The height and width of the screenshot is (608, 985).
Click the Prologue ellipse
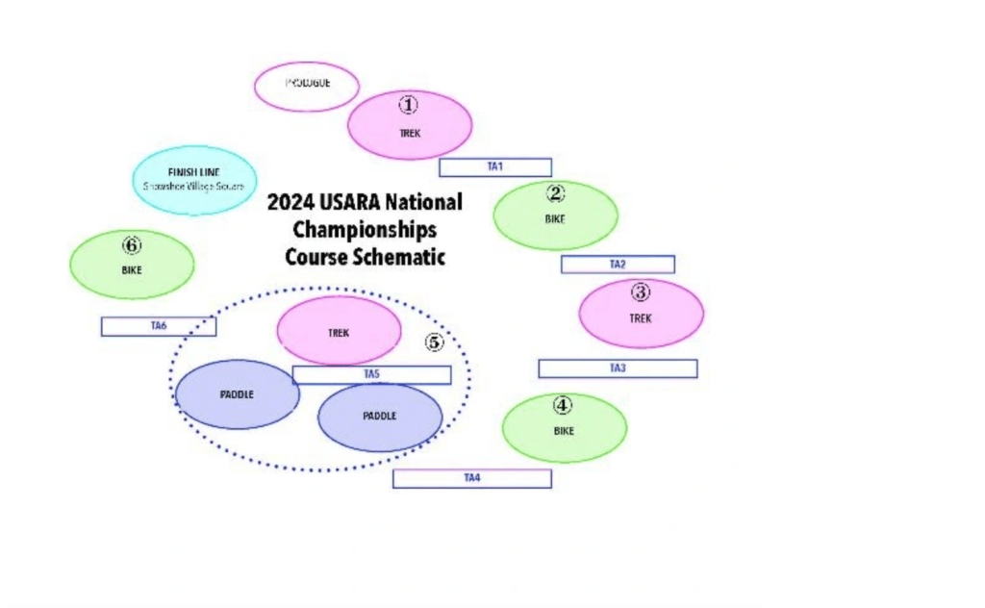click(x=306, y=86)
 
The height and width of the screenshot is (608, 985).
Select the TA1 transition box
click(x=495, y=167)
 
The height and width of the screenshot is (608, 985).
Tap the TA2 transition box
click(x=618, y=265)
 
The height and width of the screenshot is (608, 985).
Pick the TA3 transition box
click(x=618, y=368)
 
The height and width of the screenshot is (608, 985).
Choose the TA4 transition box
click(x=471, y=478)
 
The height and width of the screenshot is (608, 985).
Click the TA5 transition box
click(x=371, y=374)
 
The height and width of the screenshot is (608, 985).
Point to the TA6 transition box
click(x=159, y=326)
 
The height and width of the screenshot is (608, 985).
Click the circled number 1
click(x=410, y=104)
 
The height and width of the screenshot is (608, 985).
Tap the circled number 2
click(x=555, y=192)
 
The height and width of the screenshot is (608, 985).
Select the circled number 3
click(x=641, y=291)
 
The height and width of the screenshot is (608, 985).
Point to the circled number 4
click(x=564, y=405)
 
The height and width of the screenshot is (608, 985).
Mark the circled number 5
click(x=435, y=342)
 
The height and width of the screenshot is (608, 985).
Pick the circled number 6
click(x=132, y=244)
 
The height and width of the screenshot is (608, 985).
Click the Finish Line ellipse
click(x=194, y=179)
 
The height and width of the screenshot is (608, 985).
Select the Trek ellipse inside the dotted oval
click(x=339, y=331)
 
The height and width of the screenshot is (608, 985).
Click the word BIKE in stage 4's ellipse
click(x=564, y=431)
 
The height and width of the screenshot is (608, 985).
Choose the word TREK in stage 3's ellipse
click(x=641, y=317)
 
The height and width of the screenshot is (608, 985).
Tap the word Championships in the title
click(x=365, y=230)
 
